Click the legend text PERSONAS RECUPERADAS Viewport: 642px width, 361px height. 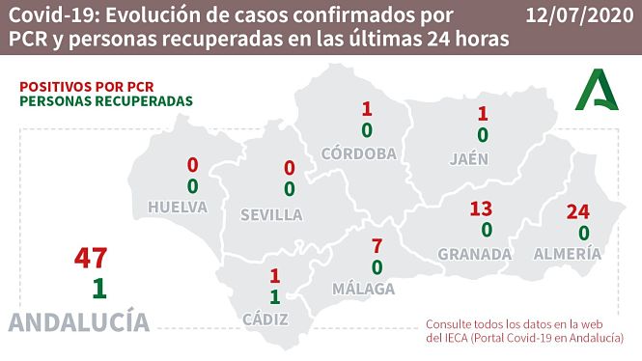105,101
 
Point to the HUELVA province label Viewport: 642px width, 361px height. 178,207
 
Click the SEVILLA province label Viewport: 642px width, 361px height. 271,213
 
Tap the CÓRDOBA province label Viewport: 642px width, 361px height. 359,153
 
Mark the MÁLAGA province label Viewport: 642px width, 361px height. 365,289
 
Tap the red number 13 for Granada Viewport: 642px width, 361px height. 481,208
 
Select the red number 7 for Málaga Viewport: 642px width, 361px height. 377,245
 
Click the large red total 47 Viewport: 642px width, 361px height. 92,259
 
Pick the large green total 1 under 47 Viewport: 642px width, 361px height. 98,288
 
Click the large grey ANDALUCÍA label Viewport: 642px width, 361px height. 79,321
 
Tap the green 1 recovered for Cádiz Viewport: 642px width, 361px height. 274,296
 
